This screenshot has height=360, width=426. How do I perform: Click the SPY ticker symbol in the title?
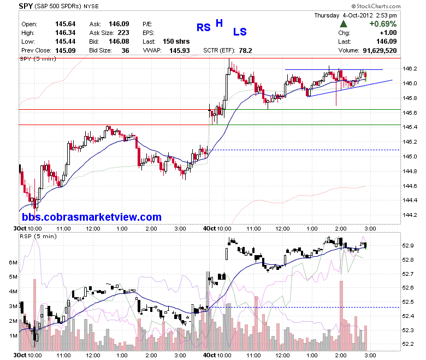click(x=26, y=5)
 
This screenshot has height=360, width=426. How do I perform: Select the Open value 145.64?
click(x=65, y=24)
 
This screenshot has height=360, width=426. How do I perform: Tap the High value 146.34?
click(x=65, y=33)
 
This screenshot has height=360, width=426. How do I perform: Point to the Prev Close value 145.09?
click(x=65, y=51)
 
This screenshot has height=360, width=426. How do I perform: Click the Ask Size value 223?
click(x=123, y=33)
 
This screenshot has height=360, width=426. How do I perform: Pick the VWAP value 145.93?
click(x=180, y=51)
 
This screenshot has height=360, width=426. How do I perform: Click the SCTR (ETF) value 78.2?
click(x=246, y=51)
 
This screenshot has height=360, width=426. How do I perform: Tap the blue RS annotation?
click(x=204, y=27)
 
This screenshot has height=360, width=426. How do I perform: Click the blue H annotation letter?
click(x=219, y=23)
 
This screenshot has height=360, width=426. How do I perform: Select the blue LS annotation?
click(x=240, y=32)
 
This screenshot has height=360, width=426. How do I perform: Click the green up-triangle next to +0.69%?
click(x=344, y=24)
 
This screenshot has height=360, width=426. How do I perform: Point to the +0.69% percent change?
click(x=383, y=24)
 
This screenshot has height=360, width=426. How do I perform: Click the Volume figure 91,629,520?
click(x=380, y=51)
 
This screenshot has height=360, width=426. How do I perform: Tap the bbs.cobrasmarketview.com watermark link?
click(x=92, y=217)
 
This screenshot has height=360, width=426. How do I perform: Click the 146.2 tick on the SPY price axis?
click(x=410, y=68)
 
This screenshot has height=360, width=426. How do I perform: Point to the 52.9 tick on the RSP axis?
click(x=408, y=246)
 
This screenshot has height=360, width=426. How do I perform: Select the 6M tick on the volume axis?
click(x=13, y=262)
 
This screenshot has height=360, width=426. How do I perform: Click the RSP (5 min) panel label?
click(x=38, y=237)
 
